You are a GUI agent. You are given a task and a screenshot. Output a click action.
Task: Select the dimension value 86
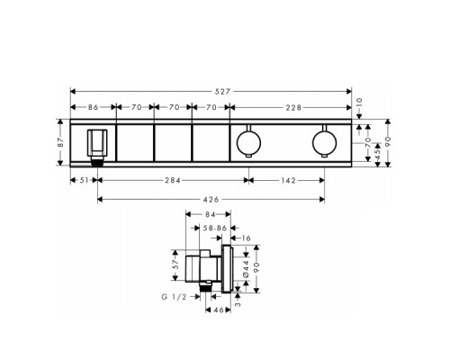point(93,107)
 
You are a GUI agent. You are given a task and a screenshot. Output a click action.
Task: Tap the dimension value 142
point(286,180)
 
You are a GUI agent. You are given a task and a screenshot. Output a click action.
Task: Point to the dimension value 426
point(211,198)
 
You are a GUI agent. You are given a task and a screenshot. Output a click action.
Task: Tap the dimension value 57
point(178,266)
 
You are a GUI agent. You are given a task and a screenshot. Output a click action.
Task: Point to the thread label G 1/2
point(175,296)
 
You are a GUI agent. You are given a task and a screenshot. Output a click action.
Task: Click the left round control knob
point(248,142)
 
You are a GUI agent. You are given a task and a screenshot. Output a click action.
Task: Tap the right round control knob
point(324,142)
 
